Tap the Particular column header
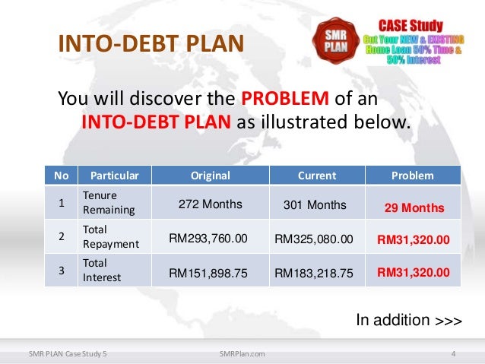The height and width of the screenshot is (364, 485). tap(109, 176)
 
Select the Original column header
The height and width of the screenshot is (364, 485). tap(210, 176)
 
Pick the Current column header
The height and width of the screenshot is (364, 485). tap(316, 176)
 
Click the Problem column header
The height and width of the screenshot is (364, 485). tap(412, 176)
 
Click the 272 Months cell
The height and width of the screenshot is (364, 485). tap(210, 204)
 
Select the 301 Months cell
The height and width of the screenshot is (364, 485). tap(314, 204)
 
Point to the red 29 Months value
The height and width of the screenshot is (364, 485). tap(414, 207)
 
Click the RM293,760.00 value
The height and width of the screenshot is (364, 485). tap(208, 239)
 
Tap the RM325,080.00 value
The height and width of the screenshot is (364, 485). tap(314, 239)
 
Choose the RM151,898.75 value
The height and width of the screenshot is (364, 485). tap(208, 271)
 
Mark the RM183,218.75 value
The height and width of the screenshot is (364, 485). tap(314, 271)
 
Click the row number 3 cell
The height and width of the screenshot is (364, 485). tap(61, 270)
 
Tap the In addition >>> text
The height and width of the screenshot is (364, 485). tap(408, 320)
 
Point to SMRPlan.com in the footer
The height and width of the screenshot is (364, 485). tap(241, 353)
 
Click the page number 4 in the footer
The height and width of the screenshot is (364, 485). tap(452, 353)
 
